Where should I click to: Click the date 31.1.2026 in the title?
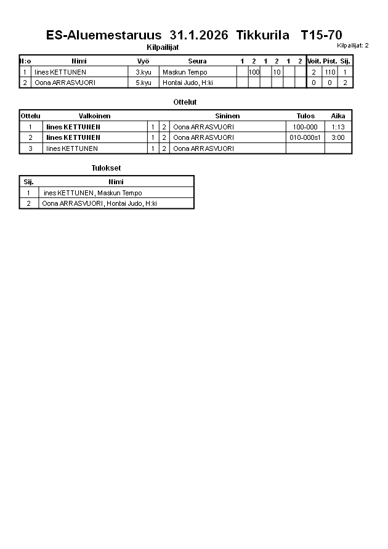[x=198, y=35]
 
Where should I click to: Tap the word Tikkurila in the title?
[x=262, y=35]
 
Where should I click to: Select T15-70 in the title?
[x=321, y=35]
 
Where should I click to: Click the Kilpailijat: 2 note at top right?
[x=353, y=46]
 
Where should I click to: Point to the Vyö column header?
[x=143, y=61]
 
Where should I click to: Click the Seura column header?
[x=197, y=61]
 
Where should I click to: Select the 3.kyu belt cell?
[x=143, y=72]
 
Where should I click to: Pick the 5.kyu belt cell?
[x=143, y=83]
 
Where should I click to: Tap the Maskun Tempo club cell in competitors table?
[x=185, y=72]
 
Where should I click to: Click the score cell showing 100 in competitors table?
[x=254, y=72]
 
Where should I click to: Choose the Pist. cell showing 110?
[x=330, y=72]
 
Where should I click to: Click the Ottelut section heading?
[x=185, y=102]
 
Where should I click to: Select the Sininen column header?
[x=227, y=116]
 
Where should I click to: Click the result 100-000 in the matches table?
[x=305, y=127]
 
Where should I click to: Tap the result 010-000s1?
[x=305, y=137]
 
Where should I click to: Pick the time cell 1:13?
[x=337, y=127]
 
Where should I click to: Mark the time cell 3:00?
[x=337, y=137]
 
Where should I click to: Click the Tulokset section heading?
[x=102, y=168]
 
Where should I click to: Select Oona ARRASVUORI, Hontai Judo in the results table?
[x=99, y=203]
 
